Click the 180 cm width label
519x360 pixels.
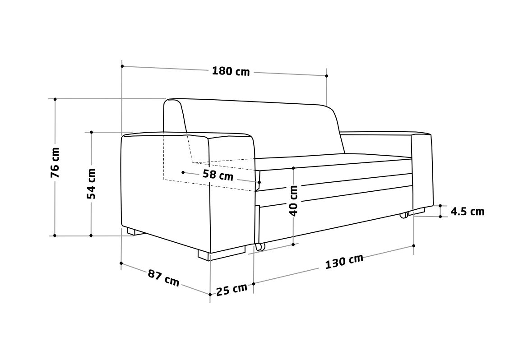pos(231,71)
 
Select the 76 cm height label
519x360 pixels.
pos(55,163)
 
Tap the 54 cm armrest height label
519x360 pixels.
pos(91,184)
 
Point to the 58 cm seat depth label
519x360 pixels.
pos(218,175)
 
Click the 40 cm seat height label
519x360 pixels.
pos(294,200)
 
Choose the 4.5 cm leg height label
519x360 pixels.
pos(468,212)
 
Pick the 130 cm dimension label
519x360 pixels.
pos(344,261)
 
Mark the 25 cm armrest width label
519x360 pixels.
pos(232,289)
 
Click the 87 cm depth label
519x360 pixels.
pos(163,278)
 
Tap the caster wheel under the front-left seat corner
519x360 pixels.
pos(260,247)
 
